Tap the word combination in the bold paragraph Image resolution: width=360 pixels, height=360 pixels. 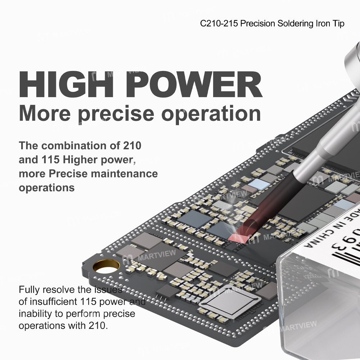(77, 146)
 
